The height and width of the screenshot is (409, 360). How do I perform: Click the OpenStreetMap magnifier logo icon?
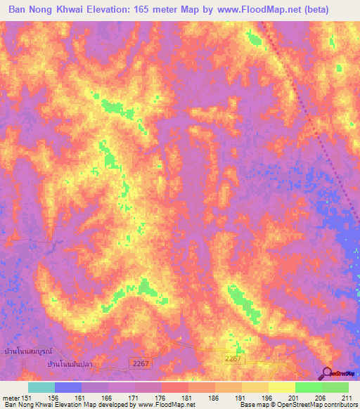click(328, 372)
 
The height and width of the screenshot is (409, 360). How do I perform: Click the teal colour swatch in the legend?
click(41, 387)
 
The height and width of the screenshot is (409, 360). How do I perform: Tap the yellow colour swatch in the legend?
click(281, 387)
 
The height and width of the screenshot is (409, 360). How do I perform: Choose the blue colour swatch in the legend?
click(68, 387)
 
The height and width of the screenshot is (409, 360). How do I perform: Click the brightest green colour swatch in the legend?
click(308, 387)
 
